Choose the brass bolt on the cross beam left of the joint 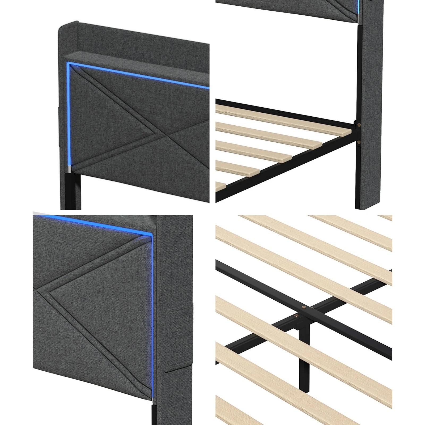click(x=296, y=315)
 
